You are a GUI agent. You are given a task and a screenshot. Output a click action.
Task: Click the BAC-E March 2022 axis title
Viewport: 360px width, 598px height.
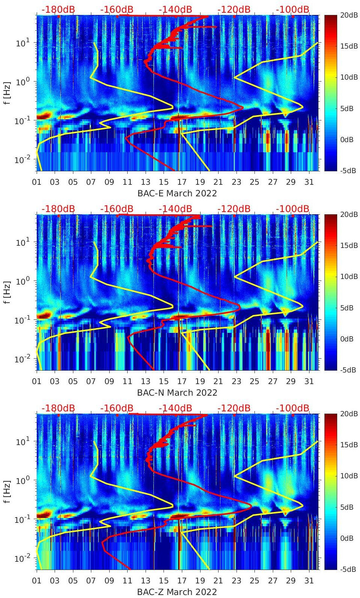coord(177,193)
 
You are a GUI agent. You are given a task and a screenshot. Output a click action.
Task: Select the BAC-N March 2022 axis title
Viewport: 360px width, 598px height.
coord(177,393)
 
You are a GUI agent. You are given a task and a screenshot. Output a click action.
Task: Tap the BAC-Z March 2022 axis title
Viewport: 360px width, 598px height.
coord(177,592)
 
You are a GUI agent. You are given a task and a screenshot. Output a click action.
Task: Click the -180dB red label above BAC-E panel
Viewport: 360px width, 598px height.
coord(58,9)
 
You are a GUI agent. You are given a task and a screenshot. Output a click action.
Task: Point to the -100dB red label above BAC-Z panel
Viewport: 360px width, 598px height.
coord(293,408)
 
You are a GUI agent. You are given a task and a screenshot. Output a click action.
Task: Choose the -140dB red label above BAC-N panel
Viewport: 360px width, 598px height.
coord(176,209)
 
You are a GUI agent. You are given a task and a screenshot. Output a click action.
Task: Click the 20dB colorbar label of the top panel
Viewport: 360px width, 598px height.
coord(348,15)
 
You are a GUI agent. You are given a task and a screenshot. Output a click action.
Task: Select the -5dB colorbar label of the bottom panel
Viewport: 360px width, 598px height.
coord(348,569)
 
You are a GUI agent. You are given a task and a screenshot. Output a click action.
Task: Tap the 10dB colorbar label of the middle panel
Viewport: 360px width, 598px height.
coord(348,277)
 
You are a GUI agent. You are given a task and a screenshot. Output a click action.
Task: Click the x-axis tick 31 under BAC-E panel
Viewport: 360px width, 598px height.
coord(309,182)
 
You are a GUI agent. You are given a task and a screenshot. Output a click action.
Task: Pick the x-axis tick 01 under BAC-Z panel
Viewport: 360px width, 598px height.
coord(37,581)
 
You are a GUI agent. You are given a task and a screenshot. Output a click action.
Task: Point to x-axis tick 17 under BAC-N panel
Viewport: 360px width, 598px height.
coord(182,381)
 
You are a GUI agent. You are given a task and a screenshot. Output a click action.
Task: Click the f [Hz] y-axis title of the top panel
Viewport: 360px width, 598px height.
coord(6,93)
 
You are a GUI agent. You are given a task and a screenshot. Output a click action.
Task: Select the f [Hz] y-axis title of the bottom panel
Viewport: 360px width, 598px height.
coord(6,491)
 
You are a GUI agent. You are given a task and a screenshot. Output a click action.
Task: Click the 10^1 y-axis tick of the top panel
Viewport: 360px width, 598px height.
coord(23,43)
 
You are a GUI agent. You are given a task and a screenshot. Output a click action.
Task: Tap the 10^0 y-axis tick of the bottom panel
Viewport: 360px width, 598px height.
coord(23,481)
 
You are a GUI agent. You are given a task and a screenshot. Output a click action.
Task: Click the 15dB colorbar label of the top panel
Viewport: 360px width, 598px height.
coord(348,46)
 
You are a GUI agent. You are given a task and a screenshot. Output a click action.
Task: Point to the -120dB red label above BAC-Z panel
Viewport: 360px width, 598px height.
coord(234,408)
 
